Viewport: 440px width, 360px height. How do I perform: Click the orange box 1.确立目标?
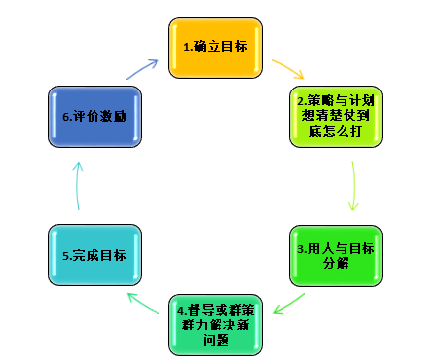(216, 46)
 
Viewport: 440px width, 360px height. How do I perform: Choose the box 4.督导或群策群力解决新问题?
(217, 324)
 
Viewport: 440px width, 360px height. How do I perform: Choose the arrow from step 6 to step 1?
(143, 69)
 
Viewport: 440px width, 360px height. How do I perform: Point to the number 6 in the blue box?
(64, 116)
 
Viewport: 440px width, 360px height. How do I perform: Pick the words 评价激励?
(101, 116)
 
